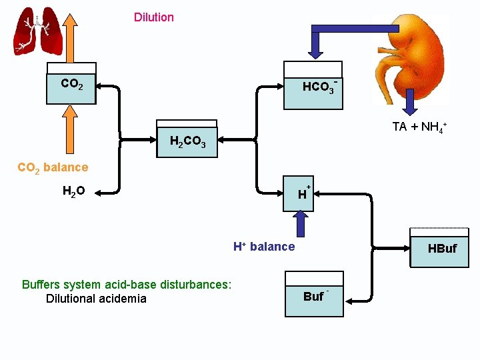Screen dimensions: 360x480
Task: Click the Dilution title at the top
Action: (153, 17)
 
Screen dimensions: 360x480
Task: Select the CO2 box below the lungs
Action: (71, 84)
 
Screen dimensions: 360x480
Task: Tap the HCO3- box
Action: (313, 85)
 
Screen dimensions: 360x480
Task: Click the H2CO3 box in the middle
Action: (187, 141)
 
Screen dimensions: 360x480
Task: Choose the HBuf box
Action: (439, 249)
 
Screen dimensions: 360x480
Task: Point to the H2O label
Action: (73, 192)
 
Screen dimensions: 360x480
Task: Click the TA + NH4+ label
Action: (419, 127)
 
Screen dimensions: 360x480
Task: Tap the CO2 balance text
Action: (52, 167)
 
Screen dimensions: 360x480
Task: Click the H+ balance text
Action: (264, 247)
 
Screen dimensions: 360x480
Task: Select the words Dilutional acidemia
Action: (96, 298)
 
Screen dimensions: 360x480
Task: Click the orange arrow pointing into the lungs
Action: (71, 37)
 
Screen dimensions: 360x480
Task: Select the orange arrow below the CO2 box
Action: (71, 131)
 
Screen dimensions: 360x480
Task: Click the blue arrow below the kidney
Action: (411, 103)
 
